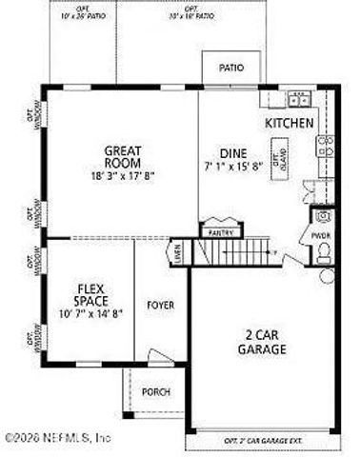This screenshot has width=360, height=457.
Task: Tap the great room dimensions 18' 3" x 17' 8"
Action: tap(123, 174)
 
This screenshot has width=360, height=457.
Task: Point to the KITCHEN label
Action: tap(289, 124)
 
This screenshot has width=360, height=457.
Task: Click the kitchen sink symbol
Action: tap(299, 98)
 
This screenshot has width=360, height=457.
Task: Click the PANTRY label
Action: tap(220, 229)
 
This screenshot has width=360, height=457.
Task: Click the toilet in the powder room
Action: tap(323, 251)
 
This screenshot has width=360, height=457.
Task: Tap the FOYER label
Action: tap(160, 305)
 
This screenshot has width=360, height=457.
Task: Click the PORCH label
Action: tap(155, 391)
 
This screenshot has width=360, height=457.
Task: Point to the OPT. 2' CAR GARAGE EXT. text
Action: tap(263, 442)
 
